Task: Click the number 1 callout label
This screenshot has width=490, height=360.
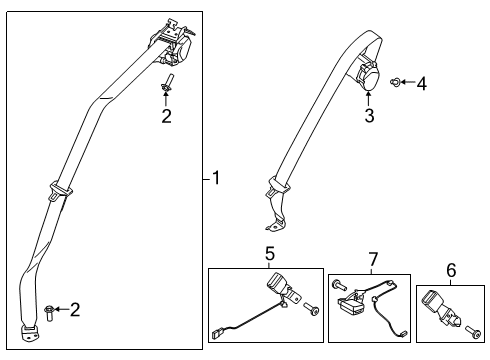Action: pyautogui.click(x=215, y=179)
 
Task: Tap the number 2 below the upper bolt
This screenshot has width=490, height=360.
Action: pyautogui.click(x=166, y=117)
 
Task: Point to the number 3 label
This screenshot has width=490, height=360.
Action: pyautogui.click(x=368, y=117)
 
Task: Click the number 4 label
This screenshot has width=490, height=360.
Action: pyautogui.click(x=422, y=84)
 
